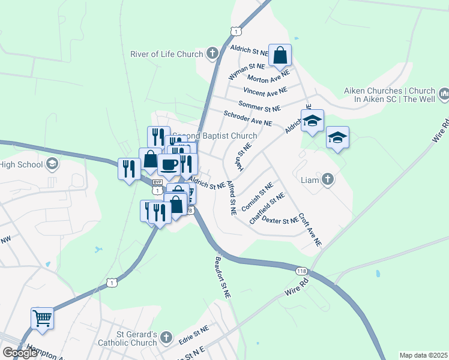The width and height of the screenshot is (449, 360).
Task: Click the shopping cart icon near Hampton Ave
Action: pos(42,317)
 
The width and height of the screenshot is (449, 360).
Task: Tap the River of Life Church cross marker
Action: pos(211,54)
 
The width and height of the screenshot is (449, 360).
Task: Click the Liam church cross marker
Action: pos(328,179)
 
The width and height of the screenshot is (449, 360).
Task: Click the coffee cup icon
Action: pos(169,164)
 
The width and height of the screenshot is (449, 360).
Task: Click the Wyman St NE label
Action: pos(247,71)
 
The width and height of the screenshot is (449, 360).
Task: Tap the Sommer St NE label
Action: pos(259,106)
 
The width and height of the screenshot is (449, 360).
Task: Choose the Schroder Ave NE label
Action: pos(248,118)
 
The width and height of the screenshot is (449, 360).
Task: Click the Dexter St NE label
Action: pos(280,221)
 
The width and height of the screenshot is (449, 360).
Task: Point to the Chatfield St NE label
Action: pos(267,207)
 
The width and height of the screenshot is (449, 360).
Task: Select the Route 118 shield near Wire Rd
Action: pos(302,271)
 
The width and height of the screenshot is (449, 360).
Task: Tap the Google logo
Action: pos(20,353)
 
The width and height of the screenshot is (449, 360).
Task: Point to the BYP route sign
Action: pos(157,182)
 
